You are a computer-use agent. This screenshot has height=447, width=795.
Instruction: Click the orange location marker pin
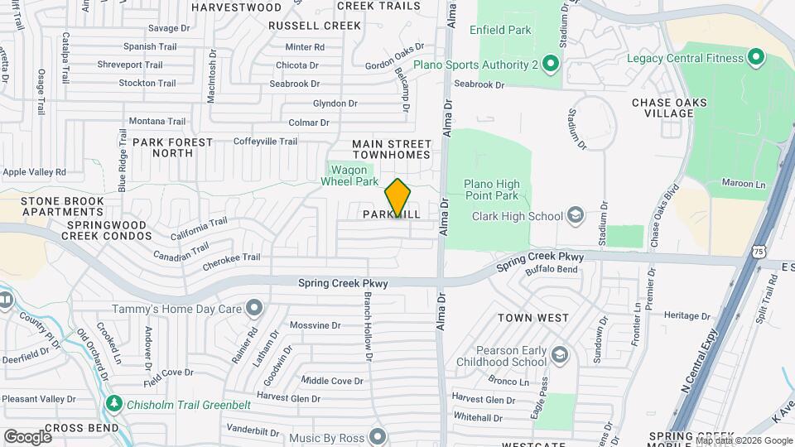pyautogui.click(x=397, y=197)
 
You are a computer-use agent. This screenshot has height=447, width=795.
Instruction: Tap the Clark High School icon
pyautogui.click(x=576, y=217)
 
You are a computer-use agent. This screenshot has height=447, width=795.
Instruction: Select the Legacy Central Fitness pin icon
pyautogui.click(x=754, y=58)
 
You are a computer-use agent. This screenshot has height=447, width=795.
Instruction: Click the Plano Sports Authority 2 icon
pyautogui.click(x=552, y=64)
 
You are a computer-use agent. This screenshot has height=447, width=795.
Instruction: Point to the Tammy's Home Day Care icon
pyautogui.click(x=253, y=310)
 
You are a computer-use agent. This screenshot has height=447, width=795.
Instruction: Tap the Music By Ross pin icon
pyautogui.click(x=378, y=435)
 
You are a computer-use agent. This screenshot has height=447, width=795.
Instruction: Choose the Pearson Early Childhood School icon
pyautogui.click(x=560, y=355)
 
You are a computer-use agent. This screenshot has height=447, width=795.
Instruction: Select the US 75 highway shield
pyautogui.click(x=760, y=251)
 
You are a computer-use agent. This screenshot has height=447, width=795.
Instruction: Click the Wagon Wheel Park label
pyautogui.click(x=349, y=175)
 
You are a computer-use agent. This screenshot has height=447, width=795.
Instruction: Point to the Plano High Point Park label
pyautogui.click(x=490, y=190)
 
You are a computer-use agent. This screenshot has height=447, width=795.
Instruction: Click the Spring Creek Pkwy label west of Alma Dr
pyautogui.click(x=343, y=283)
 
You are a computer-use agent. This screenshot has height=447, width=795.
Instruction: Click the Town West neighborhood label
pyautogui.click(x=533, y=318)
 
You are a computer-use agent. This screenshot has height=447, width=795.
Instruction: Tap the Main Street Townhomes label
pyautogui.click(x=392, y=149)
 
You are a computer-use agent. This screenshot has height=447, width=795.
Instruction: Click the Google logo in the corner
pyautogui.click(x=27, y=436)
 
